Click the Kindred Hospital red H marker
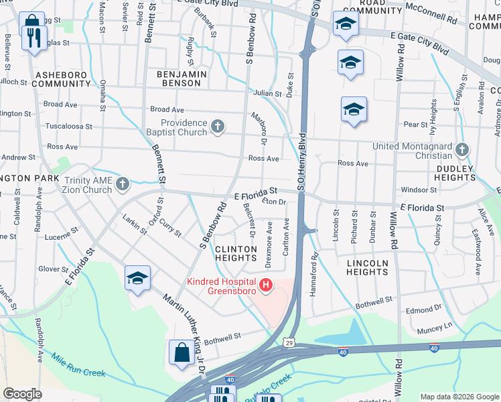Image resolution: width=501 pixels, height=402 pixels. pyautogui.click(x=267, y=286)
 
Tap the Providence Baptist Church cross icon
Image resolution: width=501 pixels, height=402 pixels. pyautogui.click(x=217, y=125)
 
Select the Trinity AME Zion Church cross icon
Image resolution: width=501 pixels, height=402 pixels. pyautogui.click(x=122, y=183)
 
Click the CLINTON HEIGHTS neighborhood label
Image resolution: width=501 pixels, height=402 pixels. pyautogui.click(x=235, y=254)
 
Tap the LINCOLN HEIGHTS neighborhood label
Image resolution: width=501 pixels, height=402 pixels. pyautogui.click(x=367, y=267)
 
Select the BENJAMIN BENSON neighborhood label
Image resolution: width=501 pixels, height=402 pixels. pyautogui.click(x=179, y=78)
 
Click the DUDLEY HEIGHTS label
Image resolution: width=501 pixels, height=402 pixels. pyautogui.click(x=455, y=173)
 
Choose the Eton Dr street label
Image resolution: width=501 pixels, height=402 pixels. pyautogui.click(x=274, y=201)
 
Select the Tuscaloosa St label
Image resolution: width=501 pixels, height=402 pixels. pyautogui.click(x=68, y=126)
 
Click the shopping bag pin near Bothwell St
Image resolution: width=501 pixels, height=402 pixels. pyautogui.click(x=182, y=351)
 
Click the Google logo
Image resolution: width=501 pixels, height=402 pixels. pyautogui.click(x=22, y=394)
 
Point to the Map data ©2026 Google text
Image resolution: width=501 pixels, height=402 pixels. pyautogui.click(x=458, y=397)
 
